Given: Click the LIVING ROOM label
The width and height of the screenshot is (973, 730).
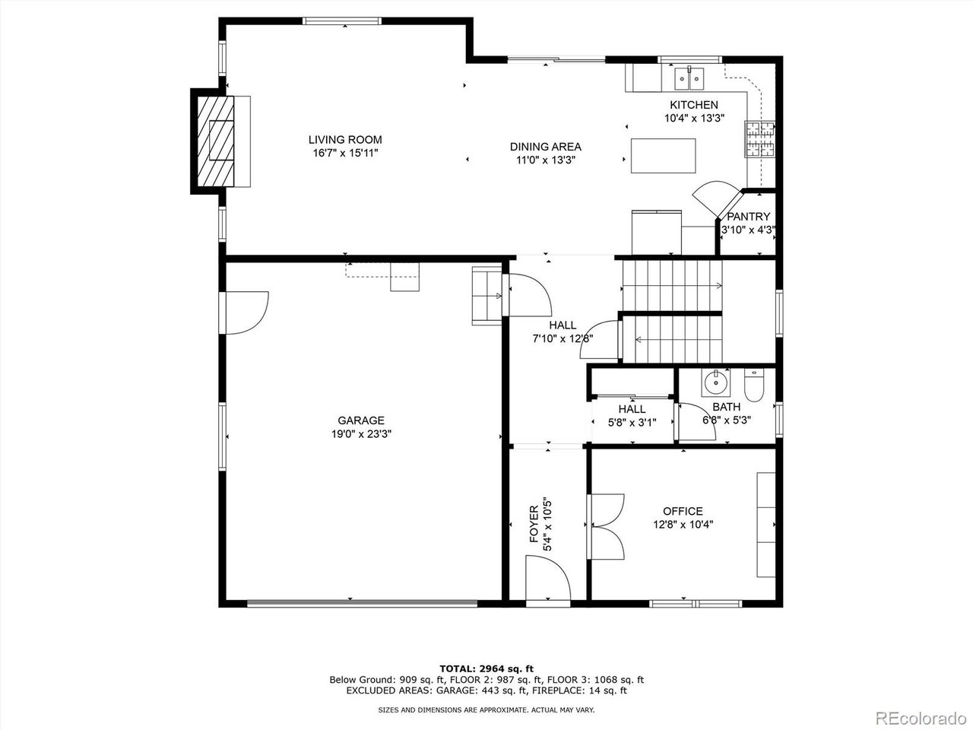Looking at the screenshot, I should coord(344,140).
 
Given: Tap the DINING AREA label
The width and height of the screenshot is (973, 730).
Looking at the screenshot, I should coord(545,147).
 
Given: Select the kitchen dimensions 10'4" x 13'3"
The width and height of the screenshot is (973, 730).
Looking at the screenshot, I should coord(693,118).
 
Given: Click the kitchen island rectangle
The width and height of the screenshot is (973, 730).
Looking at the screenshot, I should coord(663,155).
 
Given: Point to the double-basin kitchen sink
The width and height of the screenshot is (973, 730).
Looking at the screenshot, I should coord(690,77).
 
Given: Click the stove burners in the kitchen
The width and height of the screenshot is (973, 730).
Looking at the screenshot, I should coord(761,139).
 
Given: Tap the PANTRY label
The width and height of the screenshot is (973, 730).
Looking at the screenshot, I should coord(748,216).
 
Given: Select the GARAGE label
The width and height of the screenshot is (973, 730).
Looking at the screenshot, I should coord(361,421).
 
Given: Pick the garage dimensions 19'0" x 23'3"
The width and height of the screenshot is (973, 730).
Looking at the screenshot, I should coord(361,434).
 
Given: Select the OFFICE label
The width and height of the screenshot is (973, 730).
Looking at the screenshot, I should coord(683,511).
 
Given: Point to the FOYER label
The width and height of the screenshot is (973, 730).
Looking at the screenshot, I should coord(534,523).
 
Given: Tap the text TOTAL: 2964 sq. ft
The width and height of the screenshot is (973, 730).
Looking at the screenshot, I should coord(486,668).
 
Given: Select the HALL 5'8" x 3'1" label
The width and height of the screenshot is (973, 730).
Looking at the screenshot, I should coord(632,409).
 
